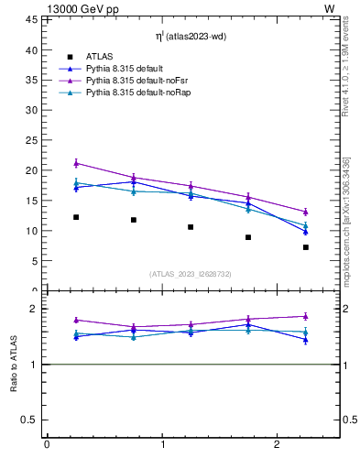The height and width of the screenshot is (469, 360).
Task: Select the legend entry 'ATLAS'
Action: pyautogui.click(x=99, y=57)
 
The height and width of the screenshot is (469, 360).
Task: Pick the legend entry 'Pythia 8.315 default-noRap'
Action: pyautogui.click(x=138, y=93)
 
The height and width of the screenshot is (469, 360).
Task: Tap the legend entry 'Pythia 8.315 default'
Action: pyautogui.click(x=126, y=69)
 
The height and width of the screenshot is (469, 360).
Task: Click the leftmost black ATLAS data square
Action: pyautogui.click(x=76, y=217)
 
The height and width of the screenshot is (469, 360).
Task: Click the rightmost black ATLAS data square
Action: pyautogui.click(x=306, y=247)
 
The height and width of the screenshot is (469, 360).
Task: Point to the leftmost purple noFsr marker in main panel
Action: pyautogui.click(x=76, y=163)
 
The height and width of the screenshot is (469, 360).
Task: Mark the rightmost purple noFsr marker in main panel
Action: pyautogui.click(x=306, y=212)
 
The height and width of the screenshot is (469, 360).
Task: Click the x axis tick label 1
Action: pyautogui.click(x=162, y=444)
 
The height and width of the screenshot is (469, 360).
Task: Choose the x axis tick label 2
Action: pyautogui.click(x=277, y=444)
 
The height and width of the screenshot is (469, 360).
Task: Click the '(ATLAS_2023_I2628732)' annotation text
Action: pyautogui.click(x=191, y=273)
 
